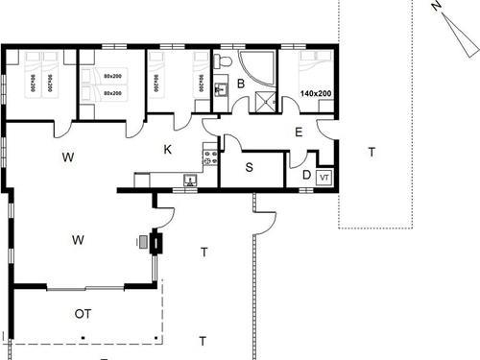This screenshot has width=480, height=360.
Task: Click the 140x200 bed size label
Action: click(x=315, y=94)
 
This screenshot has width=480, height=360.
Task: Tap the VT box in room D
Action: click(x=324, y=178)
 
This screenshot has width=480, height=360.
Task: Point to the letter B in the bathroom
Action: click(x=241, y=84)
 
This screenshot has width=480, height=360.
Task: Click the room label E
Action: click(x=299, y=132)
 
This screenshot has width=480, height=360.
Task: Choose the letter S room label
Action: click(x=250, y=168)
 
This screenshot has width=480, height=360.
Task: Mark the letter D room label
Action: click(x=305, y=175)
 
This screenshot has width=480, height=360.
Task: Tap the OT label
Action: click(x=84, y=314)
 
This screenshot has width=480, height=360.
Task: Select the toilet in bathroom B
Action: click(x=223, y=62)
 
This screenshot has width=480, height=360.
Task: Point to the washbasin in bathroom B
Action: click(x=220, y=90)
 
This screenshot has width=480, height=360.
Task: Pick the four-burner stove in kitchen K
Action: click(x=207, y=152)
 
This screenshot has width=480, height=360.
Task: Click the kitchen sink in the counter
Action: click(x=189, y=179)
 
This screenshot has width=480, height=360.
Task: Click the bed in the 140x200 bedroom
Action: click(x=315, y=72)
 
